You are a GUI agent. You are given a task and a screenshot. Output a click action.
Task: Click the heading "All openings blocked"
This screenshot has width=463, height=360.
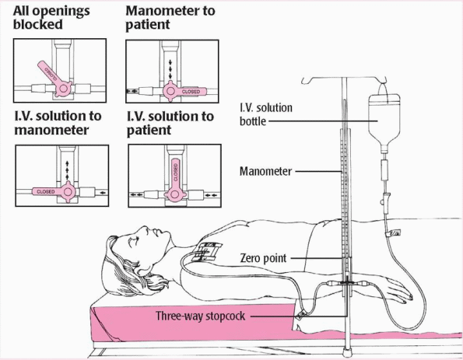pos(51,18)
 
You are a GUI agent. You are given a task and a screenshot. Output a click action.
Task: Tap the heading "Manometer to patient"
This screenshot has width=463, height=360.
pos(170,18)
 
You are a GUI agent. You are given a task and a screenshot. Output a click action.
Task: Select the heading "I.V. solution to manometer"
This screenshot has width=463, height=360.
pos(58,123)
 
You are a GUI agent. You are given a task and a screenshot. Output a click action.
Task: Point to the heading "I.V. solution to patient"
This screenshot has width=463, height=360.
pos(170,123)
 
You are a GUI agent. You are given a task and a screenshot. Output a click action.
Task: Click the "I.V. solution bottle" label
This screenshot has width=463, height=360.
pos(266,114)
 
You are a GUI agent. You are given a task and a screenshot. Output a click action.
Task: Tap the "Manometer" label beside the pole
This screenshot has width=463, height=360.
pos(265,171)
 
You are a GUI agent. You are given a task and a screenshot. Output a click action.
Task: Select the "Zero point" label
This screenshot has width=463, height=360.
pos(263,258)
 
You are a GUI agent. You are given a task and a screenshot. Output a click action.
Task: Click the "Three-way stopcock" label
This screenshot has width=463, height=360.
pos(201,316)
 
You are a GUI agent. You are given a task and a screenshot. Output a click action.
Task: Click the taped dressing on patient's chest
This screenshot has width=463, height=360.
pos(207,251)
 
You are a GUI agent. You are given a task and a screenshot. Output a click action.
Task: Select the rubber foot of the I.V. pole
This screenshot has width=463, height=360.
pos(346,352)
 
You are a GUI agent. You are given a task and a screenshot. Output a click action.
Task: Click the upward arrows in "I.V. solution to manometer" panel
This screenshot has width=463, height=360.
pos(68,170)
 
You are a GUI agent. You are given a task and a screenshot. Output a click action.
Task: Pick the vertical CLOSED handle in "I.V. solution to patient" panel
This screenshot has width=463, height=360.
pos(175,180)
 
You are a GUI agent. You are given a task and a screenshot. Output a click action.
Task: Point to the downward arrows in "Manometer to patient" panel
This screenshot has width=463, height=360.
pos(170,69)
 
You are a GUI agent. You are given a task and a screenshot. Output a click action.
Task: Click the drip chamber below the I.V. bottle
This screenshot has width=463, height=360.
pos(384,170)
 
